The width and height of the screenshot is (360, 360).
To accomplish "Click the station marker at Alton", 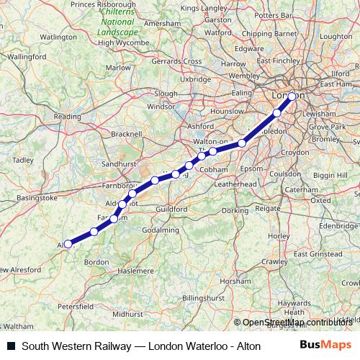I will (68, 243).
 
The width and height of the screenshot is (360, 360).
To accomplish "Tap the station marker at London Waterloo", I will (292, 96).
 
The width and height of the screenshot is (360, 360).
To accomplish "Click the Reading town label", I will (67, 116).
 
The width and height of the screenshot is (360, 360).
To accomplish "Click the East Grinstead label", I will (318, 254).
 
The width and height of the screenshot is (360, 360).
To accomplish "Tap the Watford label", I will (218, 32).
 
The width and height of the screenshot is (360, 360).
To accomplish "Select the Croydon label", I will (295, 153).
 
